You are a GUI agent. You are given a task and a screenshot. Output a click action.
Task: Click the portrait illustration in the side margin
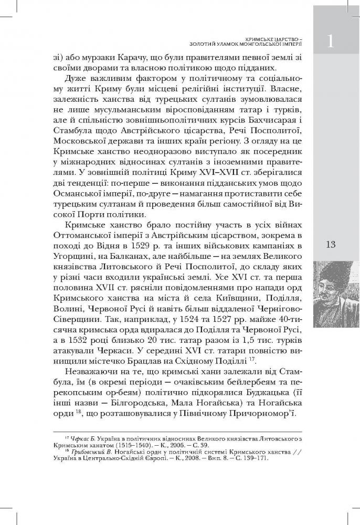pos(335,291)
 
